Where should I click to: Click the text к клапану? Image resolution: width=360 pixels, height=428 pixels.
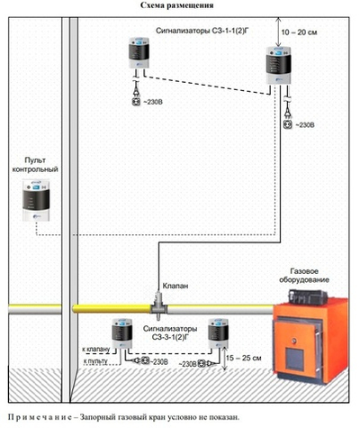click(x=94, y=346)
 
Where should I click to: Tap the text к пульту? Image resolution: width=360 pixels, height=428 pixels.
click(x=94, y=360)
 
